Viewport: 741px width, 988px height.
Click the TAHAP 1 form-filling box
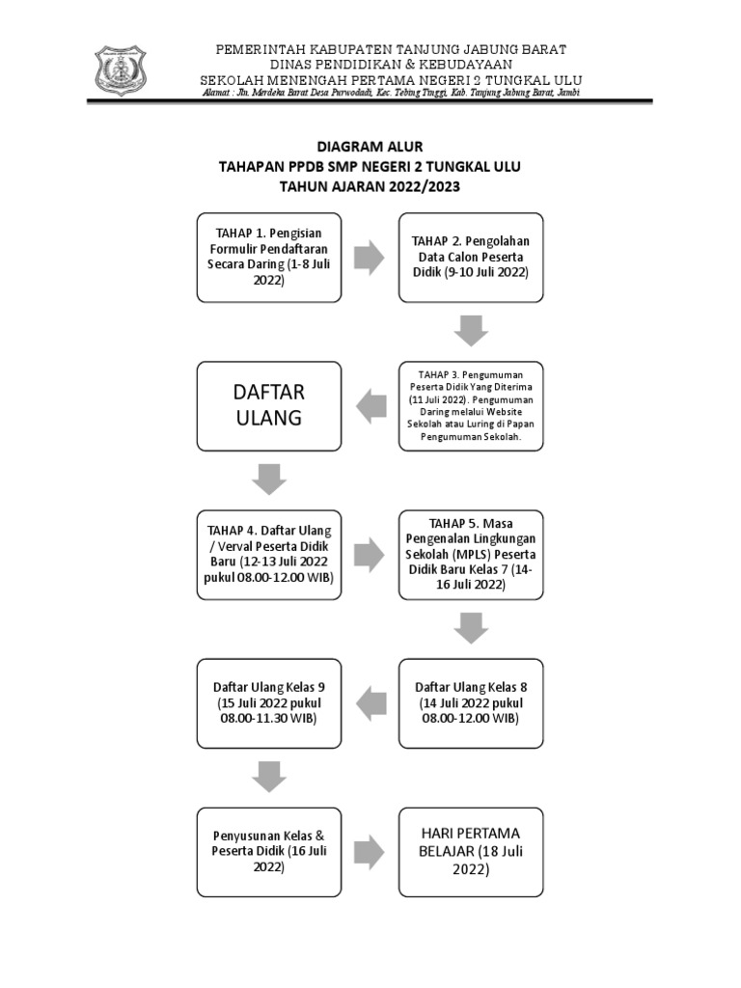point(269,257)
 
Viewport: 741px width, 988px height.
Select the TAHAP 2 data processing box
point(471,257)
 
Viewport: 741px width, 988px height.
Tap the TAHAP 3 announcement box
point(471,405)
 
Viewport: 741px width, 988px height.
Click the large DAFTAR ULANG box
point(269,405)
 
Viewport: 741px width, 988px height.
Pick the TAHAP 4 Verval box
point(269,554)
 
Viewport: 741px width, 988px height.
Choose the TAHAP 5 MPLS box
point(471,554)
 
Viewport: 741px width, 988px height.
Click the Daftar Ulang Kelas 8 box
point(471,702)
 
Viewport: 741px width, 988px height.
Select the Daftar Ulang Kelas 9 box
point(269,702)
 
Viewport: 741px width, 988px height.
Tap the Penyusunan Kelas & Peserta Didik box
point(269,851)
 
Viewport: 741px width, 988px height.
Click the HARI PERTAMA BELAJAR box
point(471,851)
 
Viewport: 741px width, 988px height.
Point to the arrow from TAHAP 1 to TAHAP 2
point(370,257)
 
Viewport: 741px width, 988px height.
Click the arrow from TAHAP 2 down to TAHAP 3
point(471,330)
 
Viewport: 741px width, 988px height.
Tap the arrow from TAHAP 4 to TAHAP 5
point(370,554)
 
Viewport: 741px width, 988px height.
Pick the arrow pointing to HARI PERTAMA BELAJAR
point(370,851)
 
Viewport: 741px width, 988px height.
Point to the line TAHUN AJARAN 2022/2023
point(370,186)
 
